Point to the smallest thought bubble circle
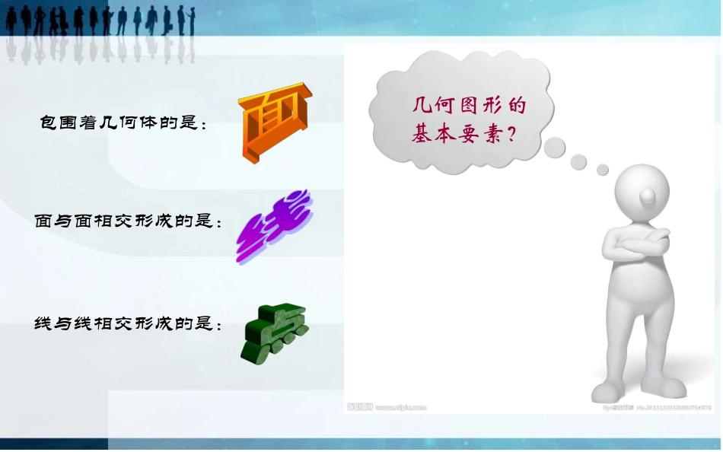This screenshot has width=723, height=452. point(603,169)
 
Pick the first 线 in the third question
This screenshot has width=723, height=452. point(43,324)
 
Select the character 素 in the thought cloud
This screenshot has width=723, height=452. point(489,135)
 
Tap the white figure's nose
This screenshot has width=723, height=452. point(646,199)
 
